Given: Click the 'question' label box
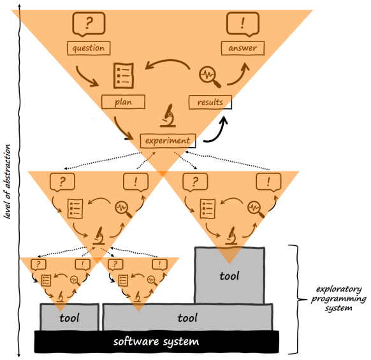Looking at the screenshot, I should [87, 48].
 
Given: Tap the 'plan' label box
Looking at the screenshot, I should [124, 101].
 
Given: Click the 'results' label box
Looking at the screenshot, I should [210, 101].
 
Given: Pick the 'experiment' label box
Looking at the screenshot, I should [166, 140].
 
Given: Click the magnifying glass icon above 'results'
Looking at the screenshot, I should [209, 76].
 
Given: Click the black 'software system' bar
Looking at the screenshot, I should [156, 342].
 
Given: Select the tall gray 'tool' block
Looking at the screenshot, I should [228, 276].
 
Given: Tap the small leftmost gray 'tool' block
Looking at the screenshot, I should [69, 317].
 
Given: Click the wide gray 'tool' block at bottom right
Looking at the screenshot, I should [188, 317].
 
